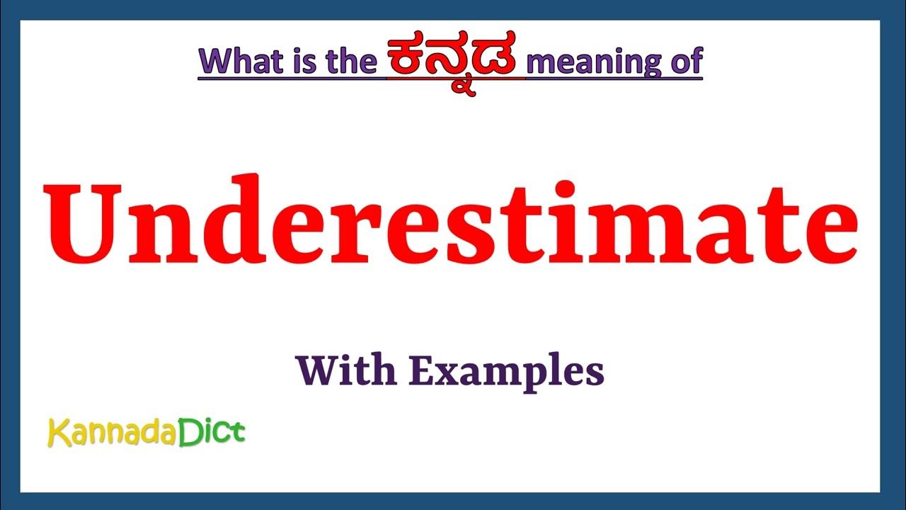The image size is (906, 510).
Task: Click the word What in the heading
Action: click(241, 62)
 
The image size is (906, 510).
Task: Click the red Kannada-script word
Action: click(457, 59)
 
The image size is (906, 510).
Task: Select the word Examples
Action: click(507, 371)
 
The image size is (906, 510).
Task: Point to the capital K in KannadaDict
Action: click(57, 432)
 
